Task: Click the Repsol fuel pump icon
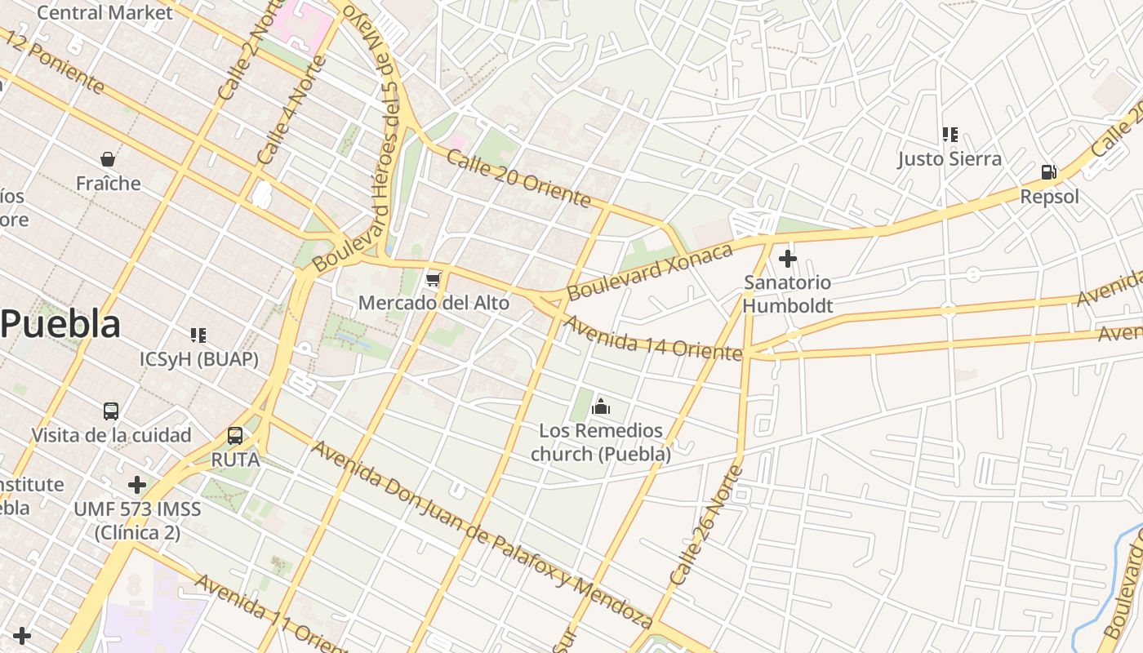(1049, 172)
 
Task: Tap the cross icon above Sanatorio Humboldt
(788, 259)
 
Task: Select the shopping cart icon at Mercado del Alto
(434, 280)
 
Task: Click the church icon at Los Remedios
(601, 406)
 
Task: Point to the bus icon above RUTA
(235, 436)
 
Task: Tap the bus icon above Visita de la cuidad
(111, 411)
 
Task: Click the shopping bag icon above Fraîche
(108, 158)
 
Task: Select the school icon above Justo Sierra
(950, 134)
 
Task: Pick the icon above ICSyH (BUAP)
(198, 335)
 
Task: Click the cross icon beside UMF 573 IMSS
(137, 486)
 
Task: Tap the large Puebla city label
(60, 324)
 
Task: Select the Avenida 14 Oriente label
(653, 336)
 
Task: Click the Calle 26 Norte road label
(706, 525)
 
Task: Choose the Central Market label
(105, 12)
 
